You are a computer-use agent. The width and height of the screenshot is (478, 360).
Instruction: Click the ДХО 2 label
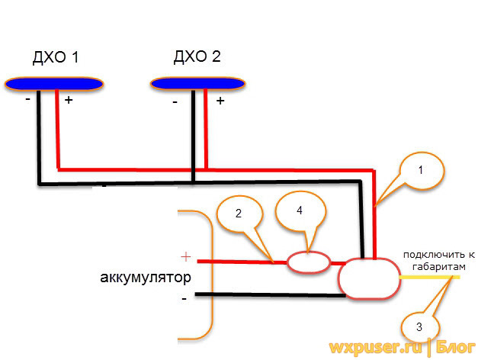197,58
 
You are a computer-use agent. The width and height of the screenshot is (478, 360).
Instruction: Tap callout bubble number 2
238,216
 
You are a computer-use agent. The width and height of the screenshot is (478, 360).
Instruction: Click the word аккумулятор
146,276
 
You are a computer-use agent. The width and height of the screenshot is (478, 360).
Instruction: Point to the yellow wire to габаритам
427,278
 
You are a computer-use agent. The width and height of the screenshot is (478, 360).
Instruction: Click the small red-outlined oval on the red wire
308,262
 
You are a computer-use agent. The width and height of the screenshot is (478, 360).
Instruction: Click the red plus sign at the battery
184,257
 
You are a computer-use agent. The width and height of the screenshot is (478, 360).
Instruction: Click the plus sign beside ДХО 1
69,101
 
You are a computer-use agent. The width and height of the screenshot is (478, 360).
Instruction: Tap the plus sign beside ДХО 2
220,101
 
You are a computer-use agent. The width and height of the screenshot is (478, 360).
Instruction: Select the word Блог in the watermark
455,348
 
